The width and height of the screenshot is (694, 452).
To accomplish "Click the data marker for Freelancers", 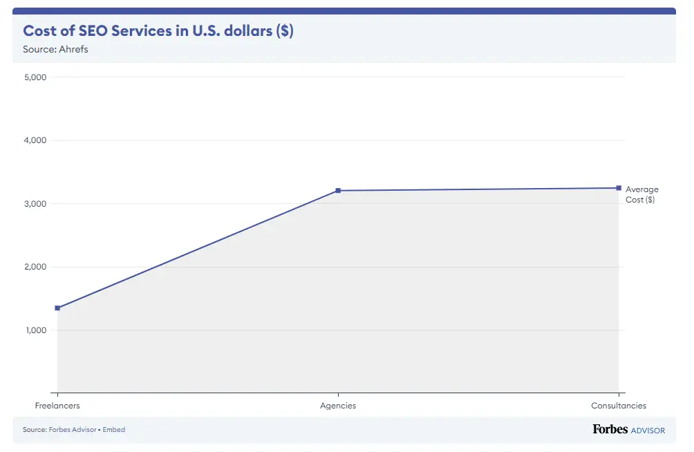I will [57, 308].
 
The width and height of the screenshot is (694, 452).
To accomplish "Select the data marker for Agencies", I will [338, 191].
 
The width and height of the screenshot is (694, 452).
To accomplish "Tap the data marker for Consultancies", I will [619, 188].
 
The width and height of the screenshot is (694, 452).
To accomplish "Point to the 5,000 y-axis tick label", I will [35, 77].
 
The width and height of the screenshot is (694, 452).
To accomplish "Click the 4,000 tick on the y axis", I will [35, 140].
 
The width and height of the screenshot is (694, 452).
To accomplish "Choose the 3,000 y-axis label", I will [35, 204].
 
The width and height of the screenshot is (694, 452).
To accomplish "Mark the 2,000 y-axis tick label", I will [35, 267].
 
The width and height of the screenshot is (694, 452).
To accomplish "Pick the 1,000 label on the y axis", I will [35, 330].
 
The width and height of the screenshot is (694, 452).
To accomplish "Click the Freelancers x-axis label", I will [57, 406].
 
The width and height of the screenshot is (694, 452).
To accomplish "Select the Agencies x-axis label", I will [338, 406].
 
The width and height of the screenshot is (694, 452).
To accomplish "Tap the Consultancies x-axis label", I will [619, 406].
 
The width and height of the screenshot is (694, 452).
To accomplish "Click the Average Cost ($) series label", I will [641, 194].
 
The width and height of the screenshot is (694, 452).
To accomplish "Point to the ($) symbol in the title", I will [285, 31].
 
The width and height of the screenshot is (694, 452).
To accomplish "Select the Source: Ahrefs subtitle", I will [55, 50].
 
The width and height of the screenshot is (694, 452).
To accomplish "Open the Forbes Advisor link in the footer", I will [73, 430].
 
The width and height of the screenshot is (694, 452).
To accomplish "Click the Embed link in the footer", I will [115, 430].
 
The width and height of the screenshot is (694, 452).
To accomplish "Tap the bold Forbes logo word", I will [610, 429].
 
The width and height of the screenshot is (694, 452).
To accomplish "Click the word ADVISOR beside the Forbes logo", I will [648, 431].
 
